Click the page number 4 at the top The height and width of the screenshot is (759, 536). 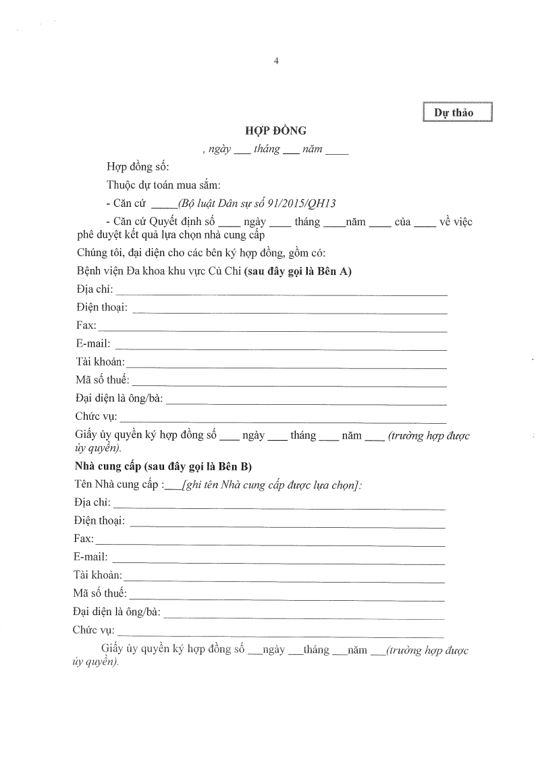pos(276,61)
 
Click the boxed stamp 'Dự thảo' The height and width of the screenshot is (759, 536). pos(458,112)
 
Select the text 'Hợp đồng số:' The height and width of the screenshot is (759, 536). pos(138,167)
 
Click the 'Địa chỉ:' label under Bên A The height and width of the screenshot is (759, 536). pos(95,290)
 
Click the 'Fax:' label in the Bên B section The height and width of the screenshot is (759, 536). pos(84,539)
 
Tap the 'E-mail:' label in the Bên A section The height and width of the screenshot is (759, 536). pos(94,344)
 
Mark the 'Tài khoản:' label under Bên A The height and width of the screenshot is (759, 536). pos(101,362)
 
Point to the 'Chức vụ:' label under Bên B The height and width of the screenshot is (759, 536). pos(93,631)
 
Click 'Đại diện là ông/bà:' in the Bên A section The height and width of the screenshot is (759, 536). pos(119,399)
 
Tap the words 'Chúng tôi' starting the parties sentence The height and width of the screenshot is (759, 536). pos(99,253)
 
